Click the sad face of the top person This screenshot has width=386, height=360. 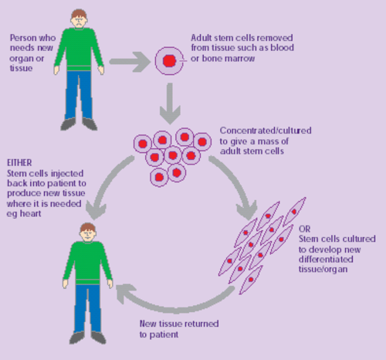(79, 21)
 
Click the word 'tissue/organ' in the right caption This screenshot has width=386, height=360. (322, 270)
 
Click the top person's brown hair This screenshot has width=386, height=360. (79, 12)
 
